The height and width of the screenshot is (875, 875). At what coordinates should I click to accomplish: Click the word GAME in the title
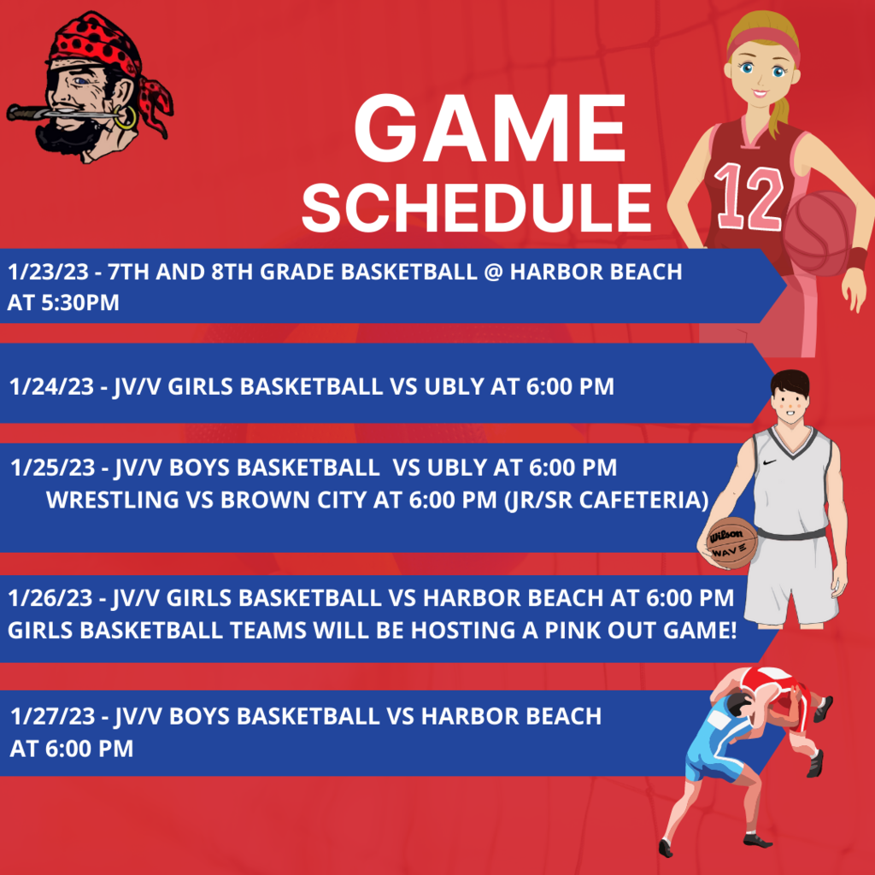[x=490, y=128]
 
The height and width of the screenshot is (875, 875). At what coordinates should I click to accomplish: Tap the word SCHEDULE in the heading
[x=477, y=208]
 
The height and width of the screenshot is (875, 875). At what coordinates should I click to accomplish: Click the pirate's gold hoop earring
[x=126, y=118]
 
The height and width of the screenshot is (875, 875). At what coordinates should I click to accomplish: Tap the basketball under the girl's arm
[x=819, y=233]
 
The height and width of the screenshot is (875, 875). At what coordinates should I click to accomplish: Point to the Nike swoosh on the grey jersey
[x=769, y=462]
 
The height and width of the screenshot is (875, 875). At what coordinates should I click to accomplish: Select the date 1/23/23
[x=48, y=272]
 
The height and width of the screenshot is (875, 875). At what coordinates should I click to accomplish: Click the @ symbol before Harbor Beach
[x=493, y=272]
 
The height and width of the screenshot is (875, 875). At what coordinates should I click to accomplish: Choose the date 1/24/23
[x=51, y=386]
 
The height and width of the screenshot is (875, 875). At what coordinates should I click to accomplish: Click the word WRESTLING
[x=113, y=499]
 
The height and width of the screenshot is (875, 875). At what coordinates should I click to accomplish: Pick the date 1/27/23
[x=52, y=716]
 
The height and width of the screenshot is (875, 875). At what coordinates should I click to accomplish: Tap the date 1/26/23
[x=50, y=597]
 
